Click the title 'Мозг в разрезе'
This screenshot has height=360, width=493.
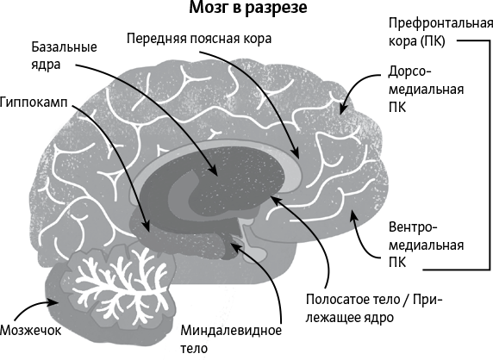pyautogui.click(x=247, y=8)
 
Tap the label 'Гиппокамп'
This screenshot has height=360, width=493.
pyautogui.click(x=34, y=102)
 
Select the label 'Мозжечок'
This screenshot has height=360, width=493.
pyautogui.click(x=30, y=330)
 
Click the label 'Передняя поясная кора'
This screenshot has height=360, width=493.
pyautogui.click(x=199, y=39)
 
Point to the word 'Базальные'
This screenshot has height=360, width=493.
pyautogui.click(x=64, y=47)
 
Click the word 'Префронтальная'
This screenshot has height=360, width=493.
pyautogui.click(x=440, y=23)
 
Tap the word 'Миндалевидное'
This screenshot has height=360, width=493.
pyautogui.click(x=231, y=331)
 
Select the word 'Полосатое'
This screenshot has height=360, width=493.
pyautogui.click(x=336, y=300)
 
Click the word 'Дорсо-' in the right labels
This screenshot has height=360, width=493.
pyautogui.click(x=409, y=71)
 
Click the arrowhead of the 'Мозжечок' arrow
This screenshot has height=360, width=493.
pyautogui.click(x=55, y=302)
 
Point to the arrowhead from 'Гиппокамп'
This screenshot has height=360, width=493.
pyautogui.click(x=146, y=227)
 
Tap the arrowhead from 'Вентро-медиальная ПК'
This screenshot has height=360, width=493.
pyautogui.click(x=353, y=215)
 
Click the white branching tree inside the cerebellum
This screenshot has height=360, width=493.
pyautogui.click(x=121, y=284)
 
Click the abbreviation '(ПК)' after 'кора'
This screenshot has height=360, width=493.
pyautogui.click(x=433, y=41)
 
